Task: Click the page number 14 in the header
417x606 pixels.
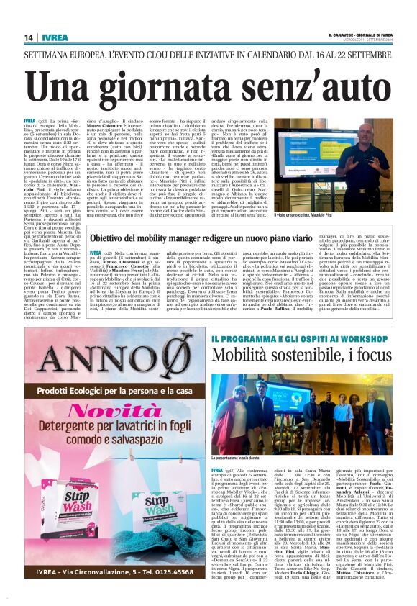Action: pyautogui.click(x=28, y=37)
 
